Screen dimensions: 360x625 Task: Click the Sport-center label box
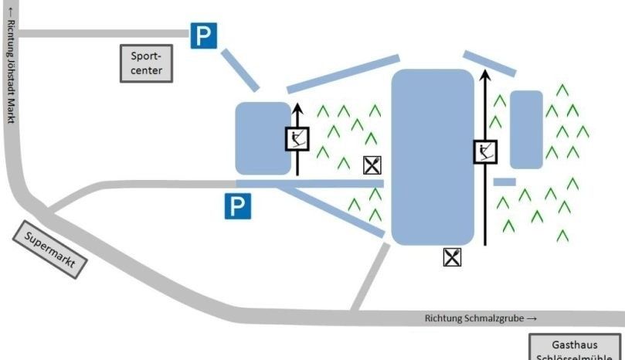(147, 63)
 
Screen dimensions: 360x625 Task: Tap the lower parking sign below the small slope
(238, 205)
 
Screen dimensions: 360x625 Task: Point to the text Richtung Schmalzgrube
(479, 318)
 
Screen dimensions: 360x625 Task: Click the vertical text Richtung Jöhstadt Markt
(10, 66)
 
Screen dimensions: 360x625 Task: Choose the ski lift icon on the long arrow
(485, 152)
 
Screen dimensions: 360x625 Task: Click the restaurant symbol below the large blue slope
(453, 257)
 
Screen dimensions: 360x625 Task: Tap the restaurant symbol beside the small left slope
(372, 165)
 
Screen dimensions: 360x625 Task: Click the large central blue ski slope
(433, 157)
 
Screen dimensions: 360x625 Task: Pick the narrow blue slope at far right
(526, 129)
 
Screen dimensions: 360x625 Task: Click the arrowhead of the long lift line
(485, 75)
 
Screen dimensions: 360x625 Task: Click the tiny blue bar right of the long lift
(504, 182)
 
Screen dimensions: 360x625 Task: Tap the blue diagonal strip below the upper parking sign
(239, 70)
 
